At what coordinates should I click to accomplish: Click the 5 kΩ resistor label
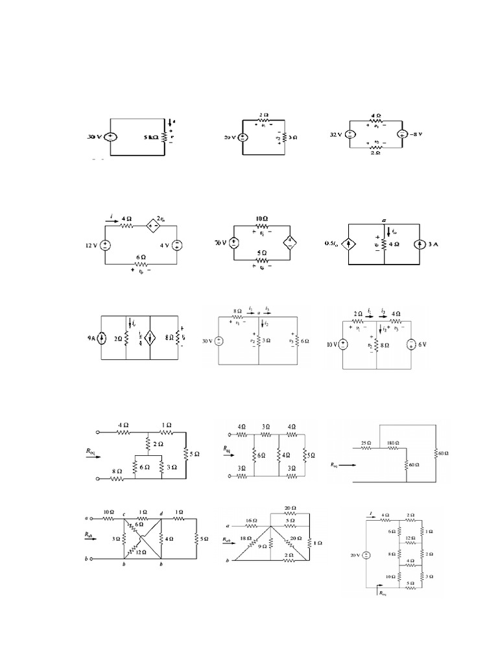148,137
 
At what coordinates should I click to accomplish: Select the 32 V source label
336,136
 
